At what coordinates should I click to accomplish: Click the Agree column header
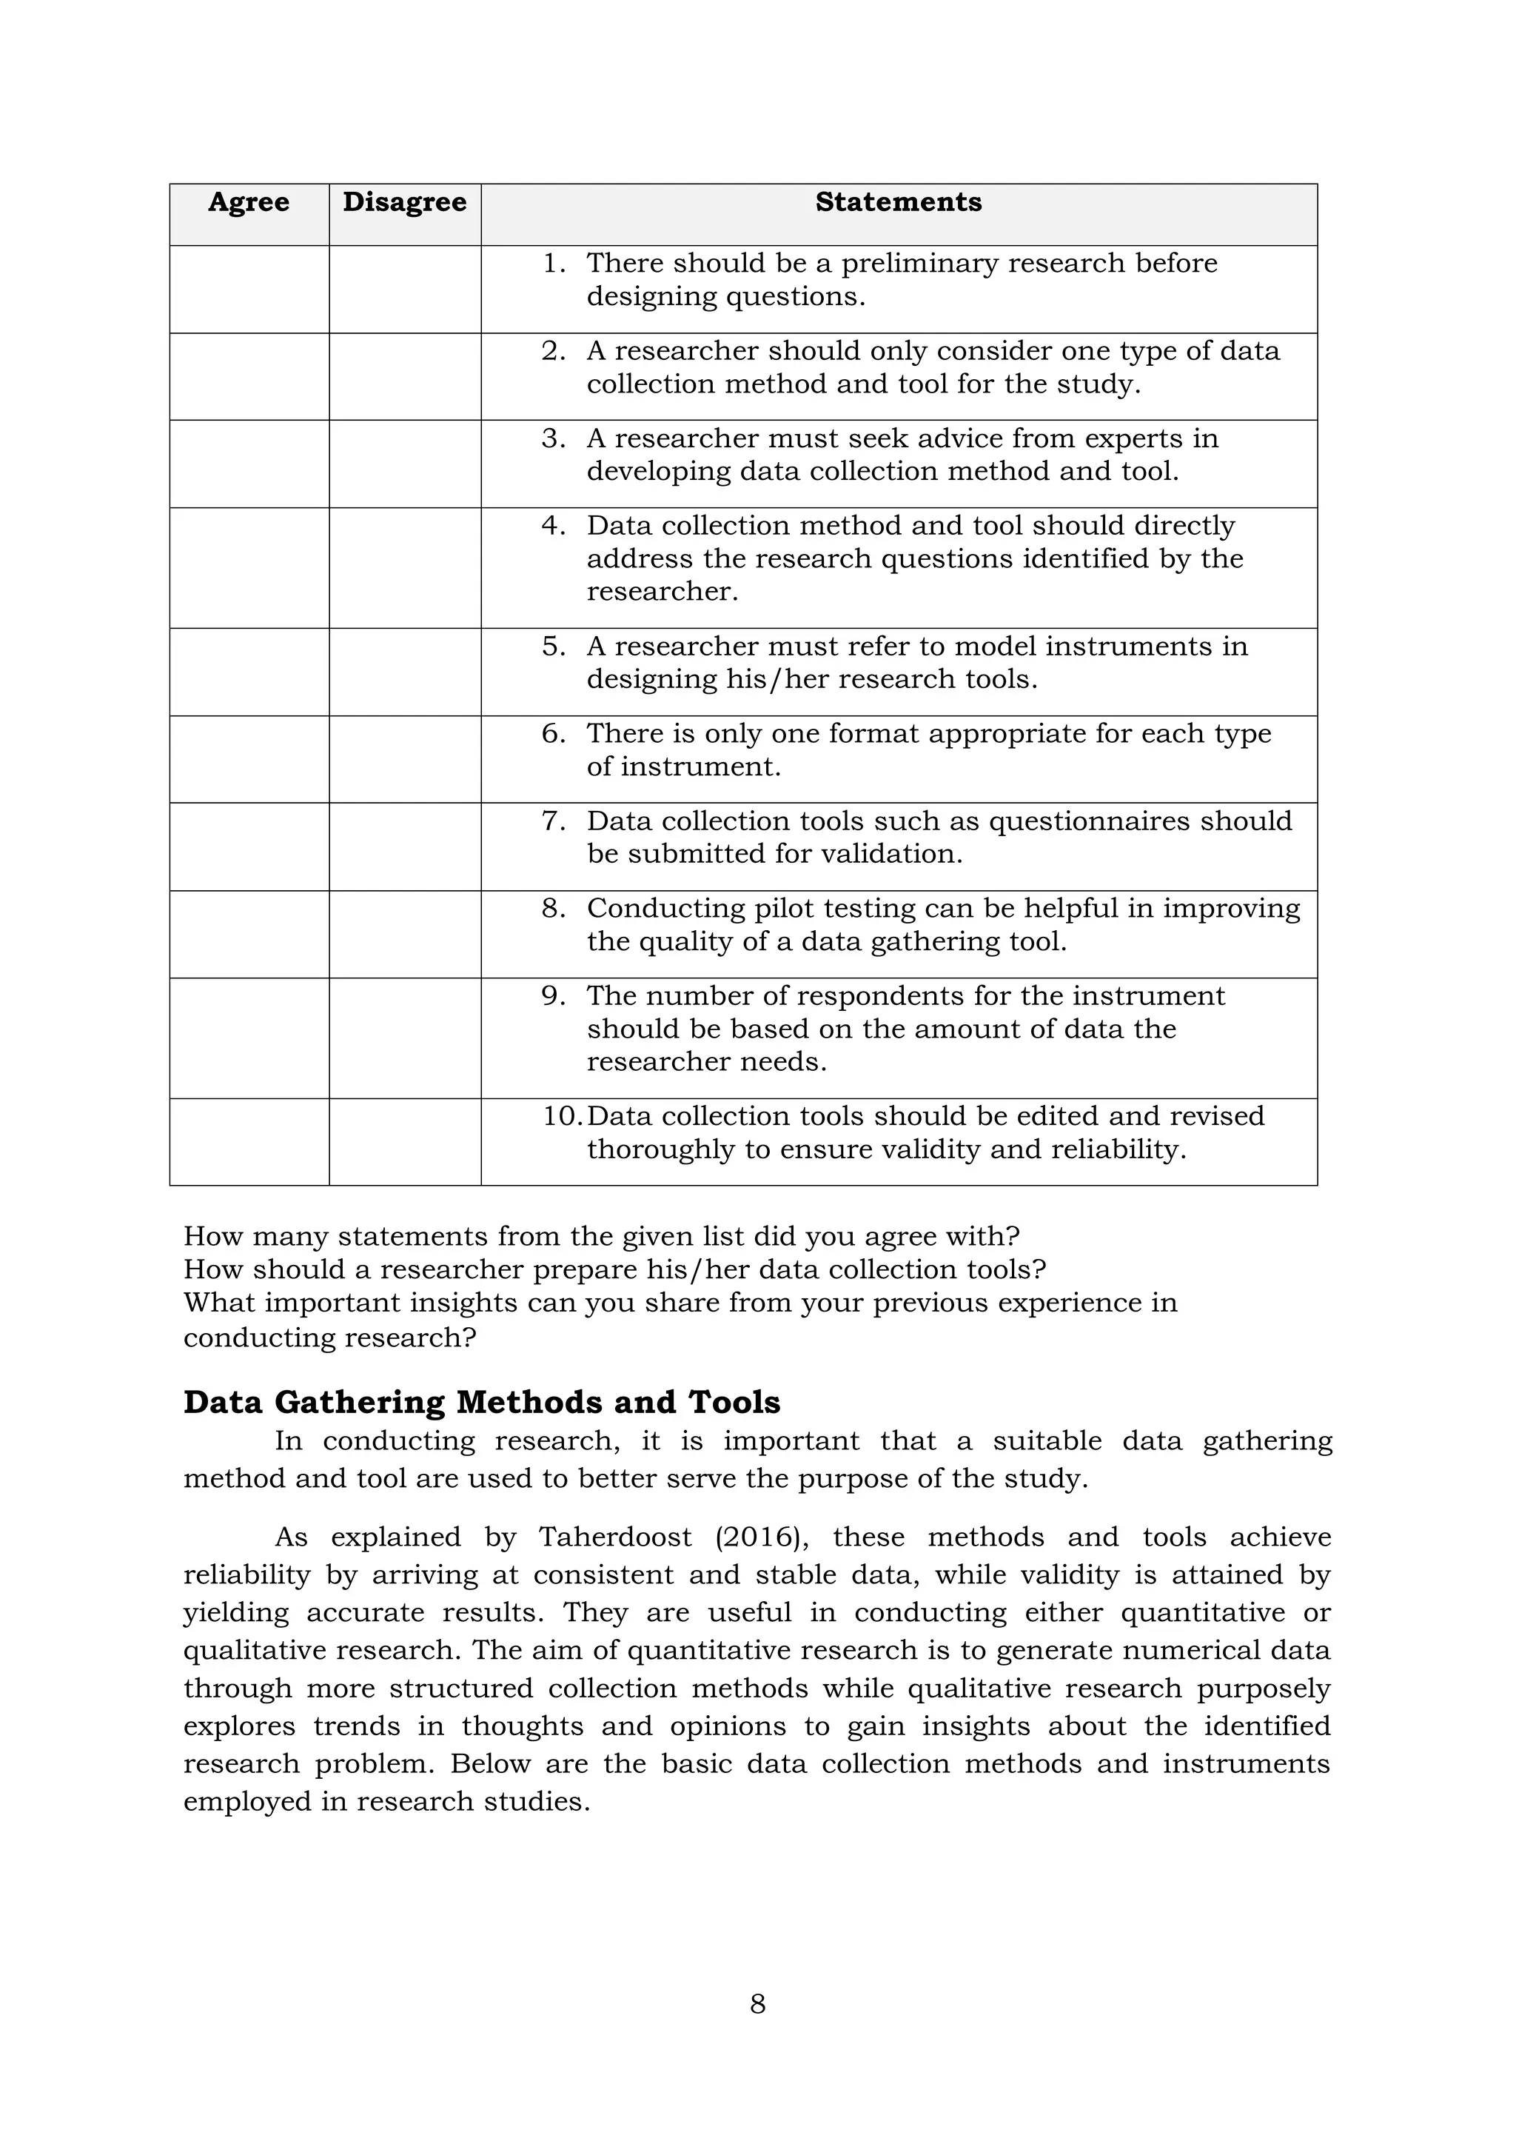pos(248,203)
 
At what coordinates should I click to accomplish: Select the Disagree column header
pos(404,203)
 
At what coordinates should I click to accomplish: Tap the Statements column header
pos(898,203)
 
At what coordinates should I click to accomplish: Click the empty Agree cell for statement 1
pos(249,290)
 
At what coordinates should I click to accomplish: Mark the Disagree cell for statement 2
pos(405,376)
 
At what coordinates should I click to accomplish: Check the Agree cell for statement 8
pos(249,934)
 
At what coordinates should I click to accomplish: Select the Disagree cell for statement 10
pos(405,1141)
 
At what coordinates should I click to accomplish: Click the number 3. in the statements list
pos(554,438)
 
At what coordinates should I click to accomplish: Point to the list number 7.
pos(554,821)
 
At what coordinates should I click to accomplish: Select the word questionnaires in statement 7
pos(1086,821)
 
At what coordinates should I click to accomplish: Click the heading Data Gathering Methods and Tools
pos(482,1402)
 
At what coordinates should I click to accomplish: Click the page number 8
pos(758,2004)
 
